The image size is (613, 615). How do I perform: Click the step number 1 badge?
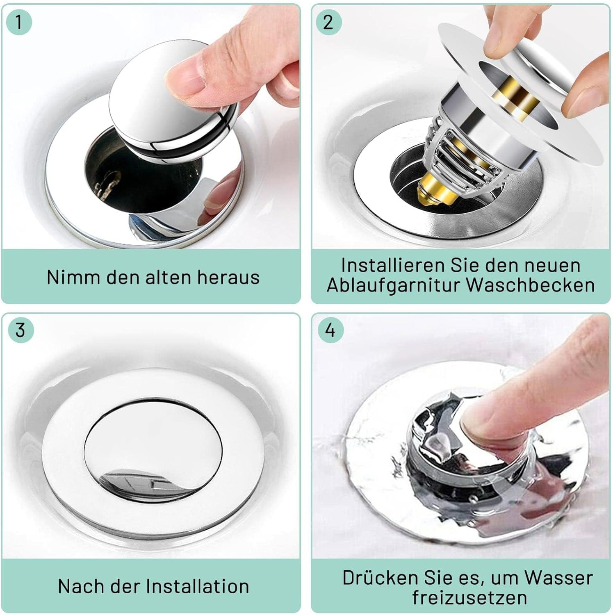19,21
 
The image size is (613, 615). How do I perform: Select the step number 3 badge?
20,330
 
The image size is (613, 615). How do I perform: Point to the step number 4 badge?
330,330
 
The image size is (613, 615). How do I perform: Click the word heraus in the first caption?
228,277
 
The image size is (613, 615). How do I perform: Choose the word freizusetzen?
469,597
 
